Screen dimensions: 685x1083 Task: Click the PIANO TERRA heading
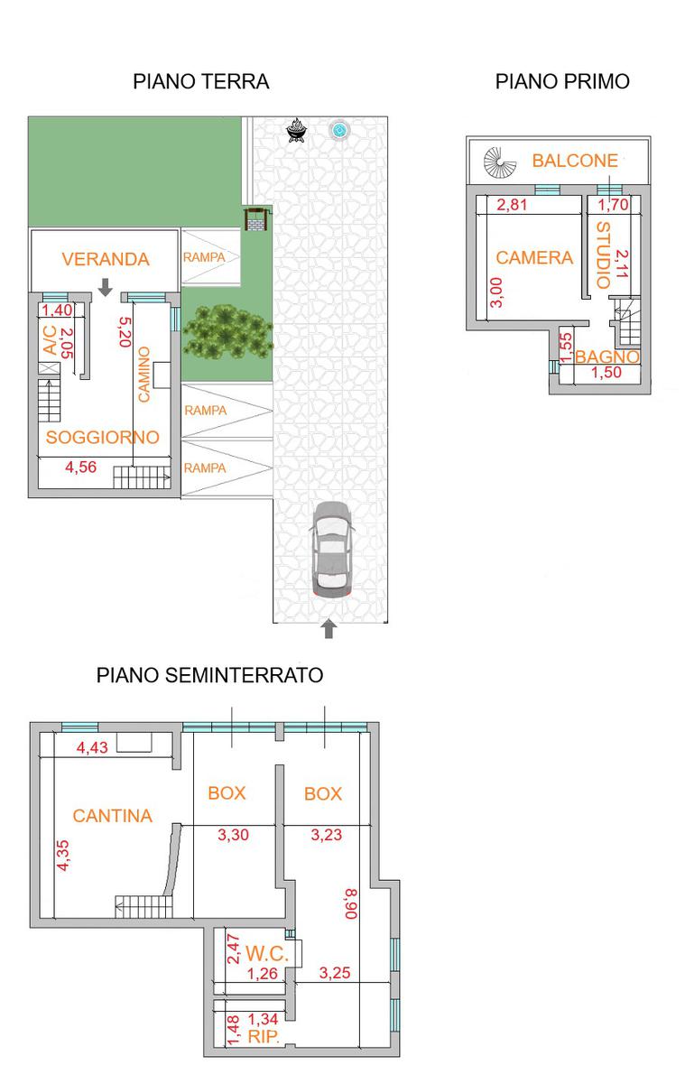click(201, 81)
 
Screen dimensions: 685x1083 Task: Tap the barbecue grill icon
click(296, 130)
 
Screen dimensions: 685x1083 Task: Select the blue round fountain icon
click(339, 130)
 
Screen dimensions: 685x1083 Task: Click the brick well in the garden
click(255, 220)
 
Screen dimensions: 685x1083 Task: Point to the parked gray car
click(331, 550)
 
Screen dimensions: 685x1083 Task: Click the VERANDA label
click(106, 259)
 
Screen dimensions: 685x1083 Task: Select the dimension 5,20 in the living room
click(125, 332)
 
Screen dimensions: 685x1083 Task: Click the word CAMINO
click(144, 375)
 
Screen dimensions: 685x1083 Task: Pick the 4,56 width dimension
click(80, 467)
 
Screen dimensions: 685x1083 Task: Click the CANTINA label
click(112, 816)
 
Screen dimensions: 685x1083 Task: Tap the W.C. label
click(267, 953)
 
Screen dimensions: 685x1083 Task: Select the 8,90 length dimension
click(351, 903)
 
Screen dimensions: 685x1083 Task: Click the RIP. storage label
click(264, 1036)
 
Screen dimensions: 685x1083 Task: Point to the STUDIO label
click(604, 255)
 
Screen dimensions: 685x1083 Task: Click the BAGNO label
click(606, 356)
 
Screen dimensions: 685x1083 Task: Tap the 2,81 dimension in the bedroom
click(512, 205)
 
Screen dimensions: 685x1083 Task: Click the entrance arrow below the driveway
click(329, 628)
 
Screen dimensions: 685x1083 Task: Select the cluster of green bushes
click(227, 331)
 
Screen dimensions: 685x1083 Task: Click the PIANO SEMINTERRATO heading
click(209, 675)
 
